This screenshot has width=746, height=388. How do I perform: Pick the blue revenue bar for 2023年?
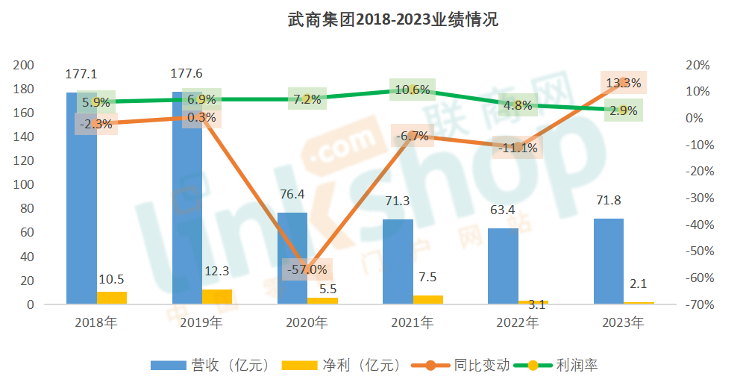(x=608, y=261)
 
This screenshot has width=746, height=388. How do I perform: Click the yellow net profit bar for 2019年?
(x=217, y=296)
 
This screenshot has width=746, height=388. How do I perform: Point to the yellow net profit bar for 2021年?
(x=428, y=299)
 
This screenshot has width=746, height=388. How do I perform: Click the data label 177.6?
(x=186, y=73)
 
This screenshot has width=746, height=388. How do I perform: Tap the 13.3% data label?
(x=624, y=83)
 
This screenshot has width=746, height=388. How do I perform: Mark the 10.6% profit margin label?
(x=413, y=90)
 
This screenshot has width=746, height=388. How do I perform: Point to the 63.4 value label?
(x=502, y=210)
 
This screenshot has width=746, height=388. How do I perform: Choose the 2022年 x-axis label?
(x=517, y=323)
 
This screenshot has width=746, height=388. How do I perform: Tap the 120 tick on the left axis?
(x=25, y=160)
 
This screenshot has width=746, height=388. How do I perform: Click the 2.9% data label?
(x=623, y=111)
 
